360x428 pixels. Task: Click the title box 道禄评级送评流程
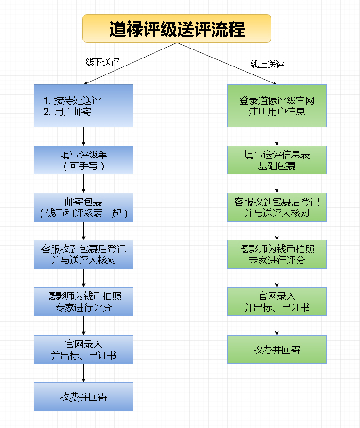click(177, 28)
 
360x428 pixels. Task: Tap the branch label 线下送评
click(102, 62)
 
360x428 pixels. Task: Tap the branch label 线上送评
click(267, 65)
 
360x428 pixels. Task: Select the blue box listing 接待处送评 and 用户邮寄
click(83, 106)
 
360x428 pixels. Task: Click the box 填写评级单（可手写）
click(83, 160)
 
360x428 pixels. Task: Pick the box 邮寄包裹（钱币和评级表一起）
click(83, 207)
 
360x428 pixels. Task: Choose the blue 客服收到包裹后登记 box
click(83, 254)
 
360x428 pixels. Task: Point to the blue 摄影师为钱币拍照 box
click(83, 302)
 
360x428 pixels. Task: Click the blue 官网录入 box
click(83, 349)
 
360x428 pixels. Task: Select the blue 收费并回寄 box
click(83, 396)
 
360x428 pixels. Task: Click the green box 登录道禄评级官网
click(277, 106)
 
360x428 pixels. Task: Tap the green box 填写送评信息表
click(277, 160)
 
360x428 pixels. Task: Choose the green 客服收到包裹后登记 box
click(277, 207)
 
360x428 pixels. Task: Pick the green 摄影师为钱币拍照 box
click(277, 254)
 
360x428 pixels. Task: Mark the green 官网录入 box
click(277, 302)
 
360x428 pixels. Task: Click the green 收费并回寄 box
click(277, 349)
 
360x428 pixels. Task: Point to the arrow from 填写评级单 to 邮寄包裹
click(83, 183)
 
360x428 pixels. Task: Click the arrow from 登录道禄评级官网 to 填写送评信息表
click(277, 136)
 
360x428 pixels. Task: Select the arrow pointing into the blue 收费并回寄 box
click(83, 373)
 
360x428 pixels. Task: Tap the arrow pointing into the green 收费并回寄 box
click(277, 325)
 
